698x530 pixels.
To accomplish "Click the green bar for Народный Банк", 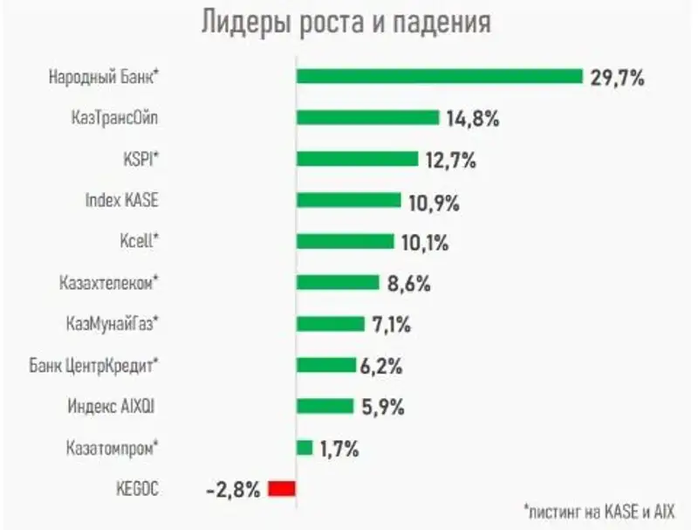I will tap(439, 76).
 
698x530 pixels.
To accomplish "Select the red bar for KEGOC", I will tap(283, 489).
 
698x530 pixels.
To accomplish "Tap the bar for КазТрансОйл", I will tap(367, 118).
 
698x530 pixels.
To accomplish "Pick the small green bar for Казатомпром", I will tap(305, 447).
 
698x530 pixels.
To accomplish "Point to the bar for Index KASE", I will tap(348, 200).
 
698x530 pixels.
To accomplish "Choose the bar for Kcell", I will tap(345, 241).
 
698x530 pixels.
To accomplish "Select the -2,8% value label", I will tap(233, 489).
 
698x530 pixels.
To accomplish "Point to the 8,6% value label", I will tap(408, 283).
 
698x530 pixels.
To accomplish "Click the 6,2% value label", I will tap(381, 366).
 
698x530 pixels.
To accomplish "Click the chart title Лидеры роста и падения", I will tap(346, 23).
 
